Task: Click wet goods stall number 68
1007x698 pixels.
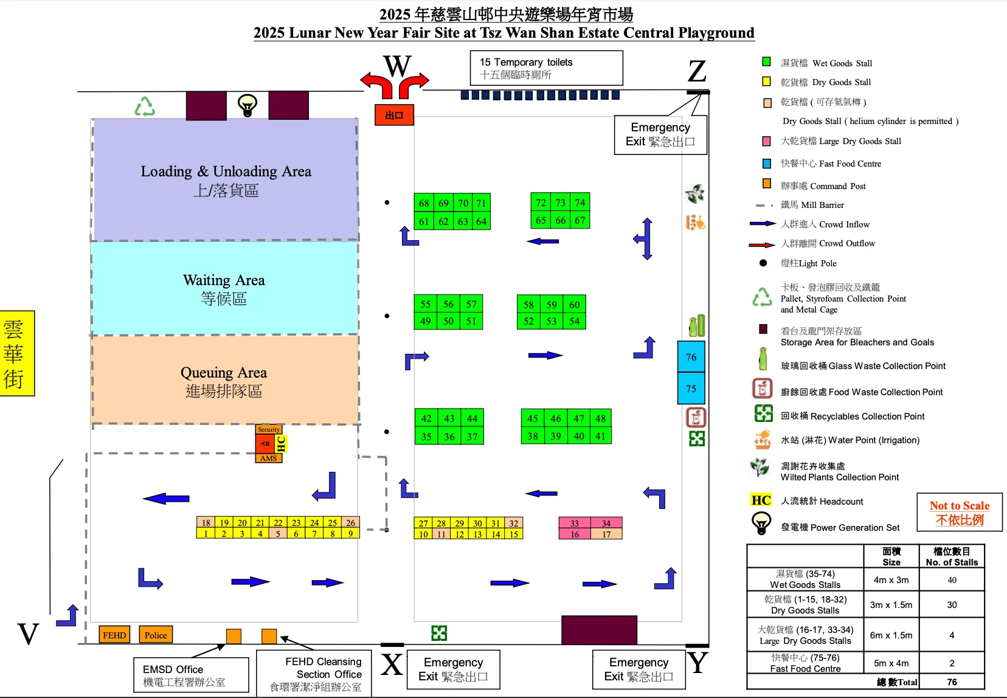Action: coord(424,203)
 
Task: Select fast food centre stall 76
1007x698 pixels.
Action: coord(691,357)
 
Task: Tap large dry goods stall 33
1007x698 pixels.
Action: coord(575,523)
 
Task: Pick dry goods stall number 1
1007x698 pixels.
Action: coord(206,534)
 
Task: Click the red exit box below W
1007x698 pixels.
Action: coord(394,115)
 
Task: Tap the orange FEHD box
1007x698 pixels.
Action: coord(114,635)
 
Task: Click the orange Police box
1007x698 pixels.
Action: coord(156,635)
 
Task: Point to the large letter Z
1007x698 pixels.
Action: coord(697,72)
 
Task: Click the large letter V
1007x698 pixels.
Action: coord(28,634)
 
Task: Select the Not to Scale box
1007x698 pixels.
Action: coord(959,513)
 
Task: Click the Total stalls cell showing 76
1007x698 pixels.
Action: coord(952,682)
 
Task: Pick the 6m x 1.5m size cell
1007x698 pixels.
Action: coord(891,635)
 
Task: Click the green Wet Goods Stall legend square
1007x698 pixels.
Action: coord(767,62)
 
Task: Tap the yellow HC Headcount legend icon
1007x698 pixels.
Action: coord(761,500)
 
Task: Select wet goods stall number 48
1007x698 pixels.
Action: coord(600,418)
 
